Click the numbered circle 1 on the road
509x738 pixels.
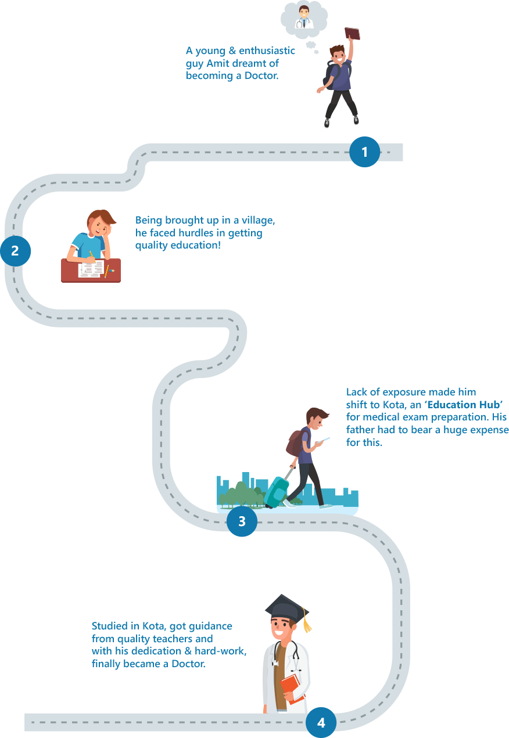[x=364, y=152]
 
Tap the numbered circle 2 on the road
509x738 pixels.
[x=15, y=251]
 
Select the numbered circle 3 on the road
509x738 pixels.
[x=242, y=521]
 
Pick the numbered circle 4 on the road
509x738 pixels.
[x=321, y=723]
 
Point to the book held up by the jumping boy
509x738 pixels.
[x=352, y=33]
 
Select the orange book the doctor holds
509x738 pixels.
[x=292, y=689]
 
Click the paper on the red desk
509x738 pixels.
[x=91, y=269]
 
